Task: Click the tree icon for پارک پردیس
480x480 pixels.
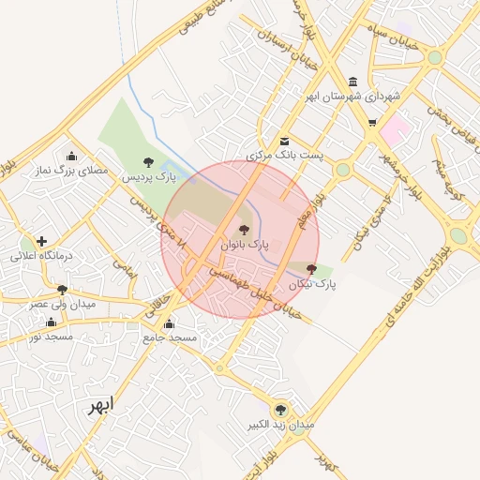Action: [x=151, y=162]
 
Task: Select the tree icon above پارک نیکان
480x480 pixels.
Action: [x=311, y=269]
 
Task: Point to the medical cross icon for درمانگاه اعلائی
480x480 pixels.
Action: [x=41, y=241]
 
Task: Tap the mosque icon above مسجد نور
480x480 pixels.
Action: [x=51, y=322]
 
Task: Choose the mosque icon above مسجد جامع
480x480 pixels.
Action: [x=168, y=323]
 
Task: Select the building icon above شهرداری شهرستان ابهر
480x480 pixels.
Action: [x=352, y=82]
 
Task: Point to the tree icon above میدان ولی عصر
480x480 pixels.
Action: [x=63, y=291]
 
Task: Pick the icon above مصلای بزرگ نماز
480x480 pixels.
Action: [x=71, y=157]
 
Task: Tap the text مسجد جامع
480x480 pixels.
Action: [x=170, y=337]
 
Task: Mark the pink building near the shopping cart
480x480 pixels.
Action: [x=395, y=128]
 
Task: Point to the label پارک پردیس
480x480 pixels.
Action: [x=152, y=176]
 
